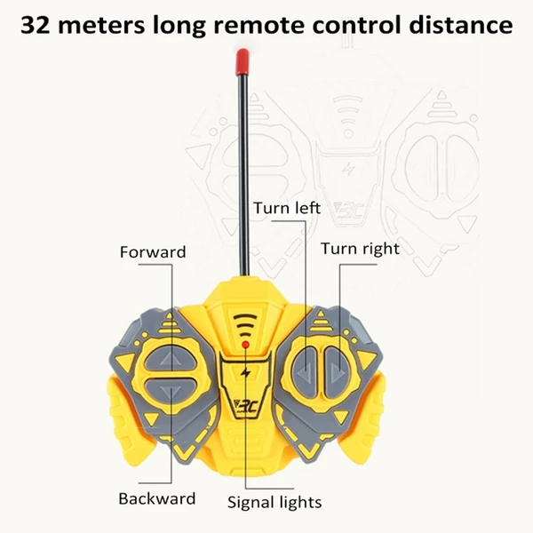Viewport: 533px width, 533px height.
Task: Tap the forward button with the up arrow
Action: coord(170,360)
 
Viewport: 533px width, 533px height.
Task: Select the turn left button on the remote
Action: coord(306,371)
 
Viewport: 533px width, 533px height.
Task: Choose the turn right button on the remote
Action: coord(337,371)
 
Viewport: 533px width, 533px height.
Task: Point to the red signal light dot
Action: coord(245,345)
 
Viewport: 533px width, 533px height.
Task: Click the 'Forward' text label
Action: coord(153,252)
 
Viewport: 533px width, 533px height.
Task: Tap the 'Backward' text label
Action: coord(157,498)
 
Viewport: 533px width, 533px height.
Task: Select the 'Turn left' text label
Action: coord(287,208)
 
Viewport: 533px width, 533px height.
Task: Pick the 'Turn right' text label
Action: coord(360,249)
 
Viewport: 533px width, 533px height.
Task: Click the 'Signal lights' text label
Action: coord(274,503)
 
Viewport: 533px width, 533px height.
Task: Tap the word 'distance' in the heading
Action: coord(461,25)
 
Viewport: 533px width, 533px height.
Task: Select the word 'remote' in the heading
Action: coord(259,26)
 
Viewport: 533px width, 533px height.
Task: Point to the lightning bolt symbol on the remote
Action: coord(245,373)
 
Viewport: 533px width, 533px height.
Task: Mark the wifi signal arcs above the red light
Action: coord(245,325)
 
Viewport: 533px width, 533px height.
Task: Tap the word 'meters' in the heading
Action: coord(101,26)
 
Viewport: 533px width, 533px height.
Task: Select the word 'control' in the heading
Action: coord(357,25)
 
